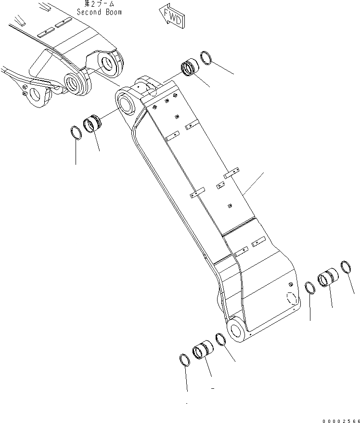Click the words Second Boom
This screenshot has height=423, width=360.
99,12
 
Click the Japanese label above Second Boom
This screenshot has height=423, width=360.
99,4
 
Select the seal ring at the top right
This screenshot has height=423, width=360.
206,58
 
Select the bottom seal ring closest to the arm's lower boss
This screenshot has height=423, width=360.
220,339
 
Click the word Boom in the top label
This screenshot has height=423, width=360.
112,12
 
